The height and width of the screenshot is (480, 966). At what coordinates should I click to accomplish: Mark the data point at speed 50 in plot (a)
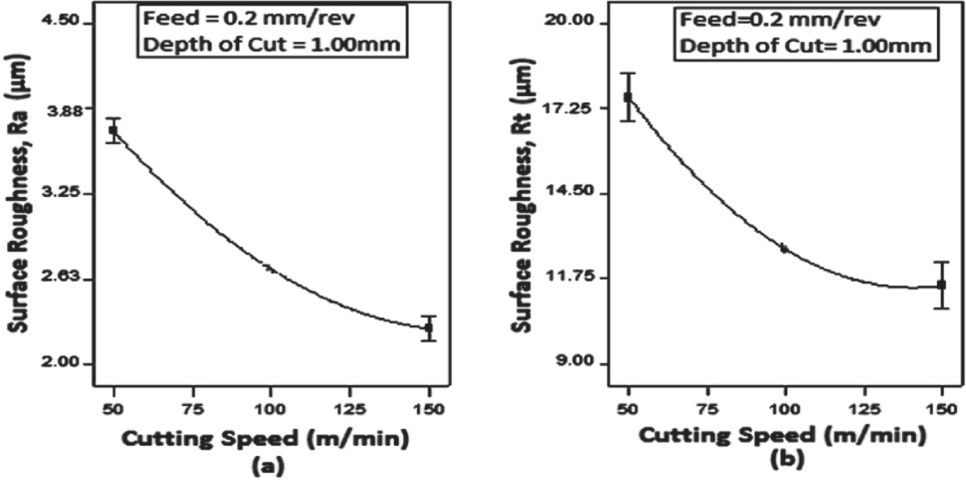click(113, 130)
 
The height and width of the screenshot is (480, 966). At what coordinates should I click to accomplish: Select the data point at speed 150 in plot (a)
click(429, 328)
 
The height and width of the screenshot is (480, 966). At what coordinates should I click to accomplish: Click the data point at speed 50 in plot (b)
click(628, 97)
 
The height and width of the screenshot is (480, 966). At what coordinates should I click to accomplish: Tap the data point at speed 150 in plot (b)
click(941, 285)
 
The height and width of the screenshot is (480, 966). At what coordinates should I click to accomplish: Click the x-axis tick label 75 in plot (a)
click(193, 409)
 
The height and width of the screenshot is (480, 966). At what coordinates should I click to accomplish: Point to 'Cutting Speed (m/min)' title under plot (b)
click(783, 434)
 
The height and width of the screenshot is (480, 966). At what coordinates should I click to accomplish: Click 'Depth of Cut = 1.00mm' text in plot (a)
click(271, 44)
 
